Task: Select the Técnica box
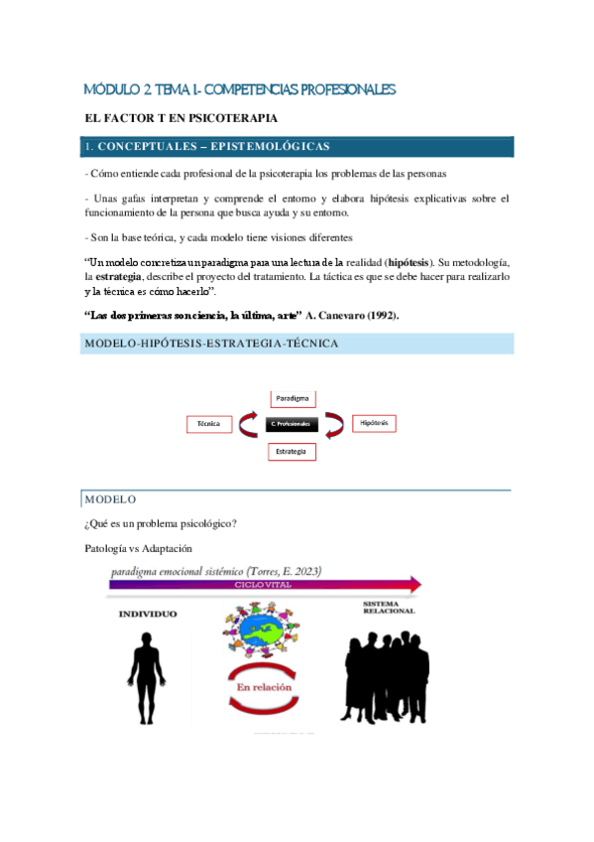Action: point(208,424)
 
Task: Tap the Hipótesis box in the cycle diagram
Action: point(373,424)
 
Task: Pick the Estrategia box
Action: point(292,452)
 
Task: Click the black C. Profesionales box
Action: point(291,425)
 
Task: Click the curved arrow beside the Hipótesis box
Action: point(336,424)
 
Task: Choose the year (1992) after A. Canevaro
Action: point(377,316)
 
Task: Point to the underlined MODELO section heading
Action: point(111,498)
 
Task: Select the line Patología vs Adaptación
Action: point(139,548)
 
